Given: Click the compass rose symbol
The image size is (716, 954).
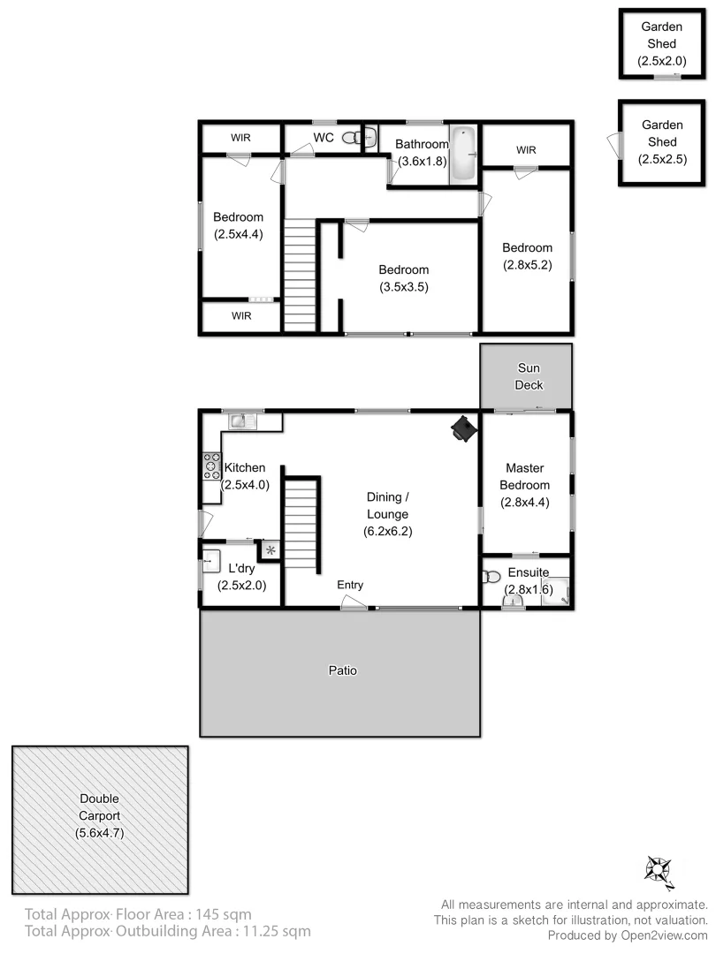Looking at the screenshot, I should pos(659,870).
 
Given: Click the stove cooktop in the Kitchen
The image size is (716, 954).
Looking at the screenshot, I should pos(212,466).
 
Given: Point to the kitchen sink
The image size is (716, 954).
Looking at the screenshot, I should pos(242,421).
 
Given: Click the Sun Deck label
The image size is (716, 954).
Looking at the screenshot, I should pos(529,376).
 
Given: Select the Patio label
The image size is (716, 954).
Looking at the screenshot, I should pos(343,670).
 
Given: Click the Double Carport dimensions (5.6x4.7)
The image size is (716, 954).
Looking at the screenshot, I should pos(100,832).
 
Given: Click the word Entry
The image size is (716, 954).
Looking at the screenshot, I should pos(350,586).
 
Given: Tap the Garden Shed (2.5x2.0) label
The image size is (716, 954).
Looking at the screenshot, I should pos(661,44).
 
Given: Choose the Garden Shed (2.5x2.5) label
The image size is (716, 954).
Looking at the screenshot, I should pos(659,142).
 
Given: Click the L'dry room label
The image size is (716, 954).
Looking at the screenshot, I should pos(241,569).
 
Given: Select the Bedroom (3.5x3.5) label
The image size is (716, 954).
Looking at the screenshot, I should pos(404,278).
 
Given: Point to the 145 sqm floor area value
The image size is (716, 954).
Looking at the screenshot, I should pos(225,914).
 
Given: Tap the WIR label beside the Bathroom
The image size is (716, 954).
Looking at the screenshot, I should pos(526,150).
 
